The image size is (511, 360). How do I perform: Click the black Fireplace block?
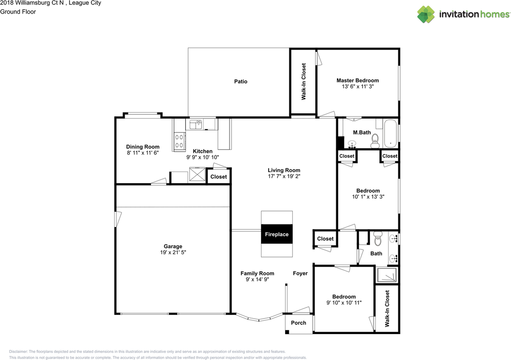(277, 234)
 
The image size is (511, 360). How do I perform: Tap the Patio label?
(241, 81)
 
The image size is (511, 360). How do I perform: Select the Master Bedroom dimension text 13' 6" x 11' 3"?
(358, 87)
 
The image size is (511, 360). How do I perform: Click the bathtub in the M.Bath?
(390, 134)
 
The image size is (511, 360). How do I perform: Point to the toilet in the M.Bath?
(375, 141)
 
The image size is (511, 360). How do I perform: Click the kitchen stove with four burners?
(180, 141)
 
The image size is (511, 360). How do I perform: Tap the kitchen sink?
(196, 125)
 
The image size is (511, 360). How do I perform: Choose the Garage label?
(173, 246)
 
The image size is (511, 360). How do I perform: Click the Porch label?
(298, 323)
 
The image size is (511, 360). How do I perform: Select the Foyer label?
(300, 273)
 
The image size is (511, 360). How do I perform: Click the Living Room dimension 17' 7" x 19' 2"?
(284, 176)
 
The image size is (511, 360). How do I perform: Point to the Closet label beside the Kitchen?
(218, 176)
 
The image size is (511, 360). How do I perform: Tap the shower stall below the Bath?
(387, 275)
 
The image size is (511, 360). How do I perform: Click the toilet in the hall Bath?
(378, 239)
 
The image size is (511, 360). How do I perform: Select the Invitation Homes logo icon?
(426, 14)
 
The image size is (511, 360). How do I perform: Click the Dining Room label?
(143, 147)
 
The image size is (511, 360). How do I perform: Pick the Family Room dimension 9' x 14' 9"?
(257, 279)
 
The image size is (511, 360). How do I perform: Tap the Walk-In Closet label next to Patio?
(303, 81)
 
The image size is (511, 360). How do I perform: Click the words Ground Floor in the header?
(18, 12)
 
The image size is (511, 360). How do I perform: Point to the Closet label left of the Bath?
(325, 239)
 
